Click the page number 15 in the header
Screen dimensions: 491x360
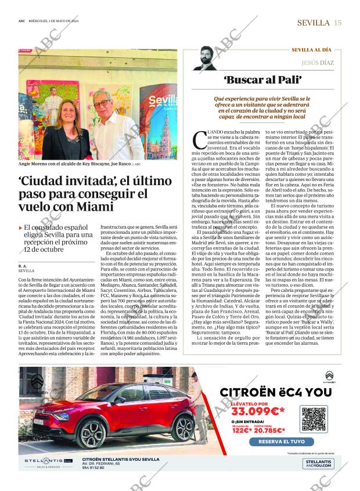pyautogui.click(x=338, y=23)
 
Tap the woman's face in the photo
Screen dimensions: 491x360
pyautogui.click(x=64, y=106)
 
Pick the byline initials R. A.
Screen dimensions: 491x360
pyautogui.click(x=23, y=265)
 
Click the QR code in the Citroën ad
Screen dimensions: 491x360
pyautogui.click(x=314, y=418)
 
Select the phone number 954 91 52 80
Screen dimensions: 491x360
pyautogui.click(x=93, y=468)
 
